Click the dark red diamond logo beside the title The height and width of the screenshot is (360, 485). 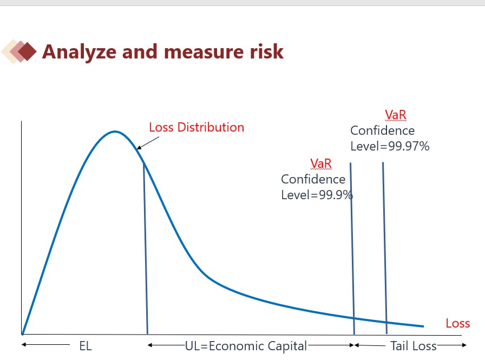click(27, 51)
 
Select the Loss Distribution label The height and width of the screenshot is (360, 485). click(196, 127)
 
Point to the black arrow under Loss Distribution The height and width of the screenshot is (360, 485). click(148, 143)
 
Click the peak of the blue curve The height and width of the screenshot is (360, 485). click(115, 132)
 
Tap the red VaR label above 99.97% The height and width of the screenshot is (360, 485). click(396, 115)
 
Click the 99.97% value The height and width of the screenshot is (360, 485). click(409, 146)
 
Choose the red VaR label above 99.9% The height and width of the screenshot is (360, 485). click(321, 163)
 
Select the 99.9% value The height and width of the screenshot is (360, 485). click(336, 195)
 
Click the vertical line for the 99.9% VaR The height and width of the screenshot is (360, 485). click(352, 248)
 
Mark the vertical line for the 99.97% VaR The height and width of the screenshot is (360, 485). click(385, 248)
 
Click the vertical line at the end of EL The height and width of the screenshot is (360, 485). click(146, 248)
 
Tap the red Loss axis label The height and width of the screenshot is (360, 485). click(458, 324)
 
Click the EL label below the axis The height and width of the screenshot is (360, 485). click(86, 346)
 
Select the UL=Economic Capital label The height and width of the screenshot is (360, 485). click(246, 346)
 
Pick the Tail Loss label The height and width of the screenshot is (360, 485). click(413, 346)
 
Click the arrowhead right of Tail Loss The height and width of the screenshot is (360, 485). click(464, 345)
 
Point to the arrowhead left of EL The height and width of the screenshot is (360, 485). click(24, 344)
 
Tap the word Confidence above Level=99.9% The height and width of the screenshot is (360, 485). click(313, 179)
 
